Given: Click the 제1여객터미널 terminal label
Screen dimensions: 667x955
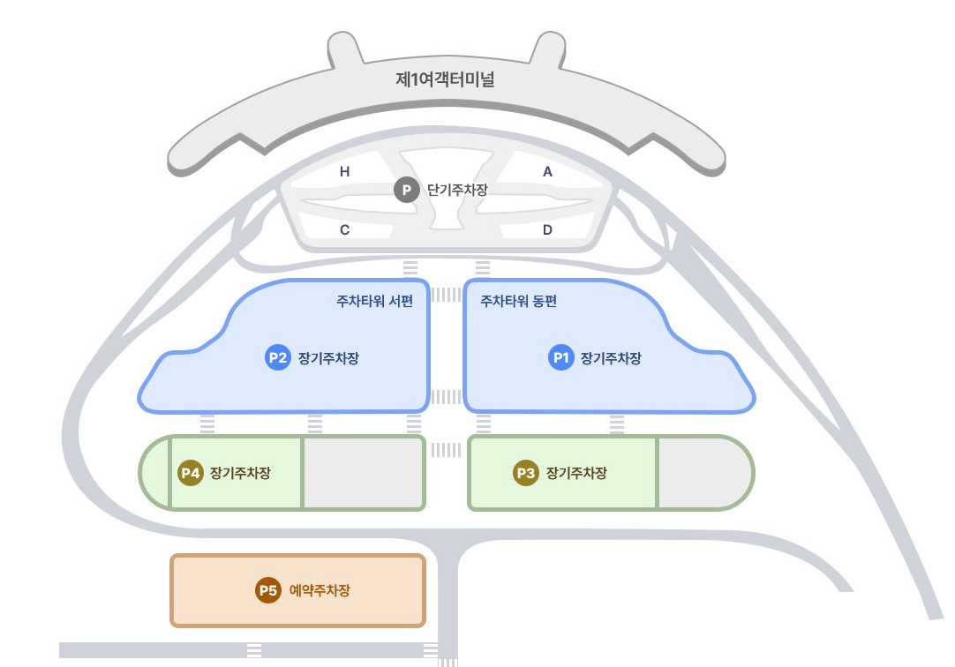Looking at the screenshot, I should [x=446, y=79].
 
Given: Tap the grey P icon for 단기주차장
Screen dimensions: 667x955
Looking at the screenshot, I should [x=406, y=190].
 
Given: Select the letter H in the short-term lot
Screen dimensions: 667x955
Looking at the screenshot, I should [x=345, y=172].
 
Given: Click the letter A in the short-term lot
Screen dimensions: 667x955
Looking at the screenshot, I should [x=547, y=172].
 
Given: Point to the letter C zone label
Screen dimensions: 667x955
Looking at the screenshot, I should [x=345, y=230].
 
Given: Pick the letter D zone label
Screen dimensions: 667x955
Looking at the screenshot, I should [x=547, y=230].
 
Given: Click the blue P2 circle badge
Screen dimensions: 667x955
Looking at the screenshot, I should [x=278, y=357].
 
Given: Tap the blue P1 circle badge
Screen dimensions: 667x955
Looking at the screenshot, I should [x=561, y=357].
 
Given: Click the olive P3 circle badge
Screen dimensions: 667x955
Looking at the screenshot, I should [x=526, y=473].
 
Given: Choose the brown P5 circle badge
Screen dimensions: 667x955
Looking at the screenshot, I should [x=268, y=590].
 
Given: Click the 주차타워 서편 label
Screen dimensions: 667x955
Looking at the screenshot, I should [x=375, y=301].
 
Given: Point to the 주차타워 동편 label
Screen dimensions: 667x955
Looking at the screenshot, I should [x=518, y=301].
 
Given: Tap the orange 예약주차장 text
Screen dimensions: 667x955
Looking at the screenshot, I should [x=320, y=590].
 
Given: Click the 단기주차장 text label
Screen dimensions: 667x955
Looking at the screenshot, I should [x=457, y=190].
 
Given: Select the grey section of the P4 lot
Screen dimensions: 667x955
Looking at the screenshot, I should [x=363, y=473].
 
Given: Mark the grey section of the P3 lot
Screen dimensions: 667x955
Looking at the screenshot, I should [x=702, y=473].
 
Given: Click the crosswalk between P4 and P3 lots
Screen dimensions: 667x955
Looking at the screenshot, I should [x=446, y=450].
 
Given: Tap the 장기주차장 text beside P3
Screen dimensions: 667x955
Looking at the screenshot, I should [x=576, y=473].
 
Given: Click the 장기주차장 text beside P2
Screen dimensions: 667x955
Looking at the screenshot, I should [x=328, y=357].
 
